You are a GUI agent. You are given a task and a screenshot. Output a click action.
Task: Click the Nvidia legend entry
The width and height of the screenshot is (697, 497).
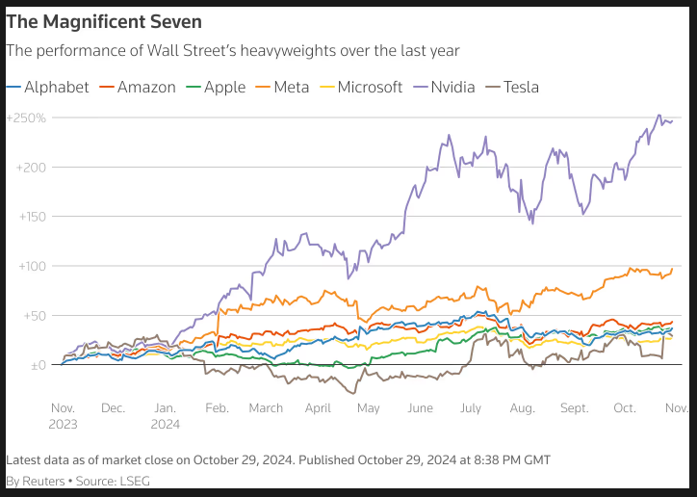(444, 87)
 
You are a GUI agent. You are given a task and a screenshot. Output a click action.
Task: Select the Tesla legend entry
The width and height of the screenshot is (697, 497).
(512, 87)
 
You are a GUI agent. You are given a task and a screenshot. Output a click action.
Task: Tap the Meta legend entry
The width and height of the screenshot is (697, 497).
(282, 87)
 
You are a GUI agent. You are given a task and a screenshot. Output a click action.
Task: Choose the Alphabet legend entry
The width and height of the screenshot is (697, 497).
(47, 87)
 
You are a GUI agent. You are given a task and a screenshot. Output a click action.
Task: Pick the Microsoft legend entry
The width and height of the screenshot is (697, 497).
(361, 87)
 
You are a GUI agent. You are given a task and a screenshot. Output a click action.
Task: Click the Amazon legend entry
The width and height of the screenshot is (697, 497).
(138, 87)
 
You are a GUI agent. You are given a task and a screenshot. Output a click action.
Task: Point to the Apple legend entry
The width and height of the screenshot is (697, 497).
(216, 87)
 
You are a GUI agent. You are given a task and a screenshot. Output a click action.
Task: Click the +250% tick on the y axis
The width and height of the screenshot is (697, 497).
(26, 118)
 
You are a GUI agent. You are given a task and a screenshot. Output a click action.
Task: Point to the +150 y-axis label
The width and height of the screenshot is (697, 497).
(33, 217)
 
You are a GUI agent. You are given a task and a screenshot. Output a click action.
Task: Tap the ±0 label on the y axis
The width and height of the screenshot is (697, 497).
(39, 365)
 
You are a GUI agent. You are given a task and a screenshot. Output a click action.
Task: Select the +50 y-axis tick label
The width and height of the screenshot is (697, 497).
(35, 316)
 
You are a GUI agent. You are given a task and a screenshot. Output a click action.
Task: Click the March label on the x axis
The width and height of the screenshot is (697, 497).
(266, 408)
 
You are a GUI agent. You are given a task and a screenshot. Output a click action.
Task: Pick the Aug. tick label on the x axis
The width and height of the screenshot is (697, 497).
(523, 408)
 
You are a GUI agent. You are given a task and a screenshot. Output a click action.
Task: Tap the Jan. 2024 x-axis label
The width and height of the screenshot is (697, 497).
(166, 416)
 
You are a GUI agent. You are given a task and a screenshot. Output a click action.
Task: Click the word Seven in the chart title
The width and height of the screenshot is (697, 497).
(176, 21)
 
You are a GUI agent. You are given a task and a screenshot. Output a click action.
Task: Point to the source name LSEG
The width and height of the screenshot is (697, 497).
(136, 481)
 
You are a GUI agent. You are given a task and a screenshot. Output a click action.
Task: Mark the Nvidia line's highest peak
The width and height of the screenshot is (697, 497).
(659, 115)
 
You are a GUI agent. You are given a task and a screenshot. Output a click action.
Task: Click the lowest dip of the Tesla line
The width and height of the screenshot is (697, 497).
(353, 393)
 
